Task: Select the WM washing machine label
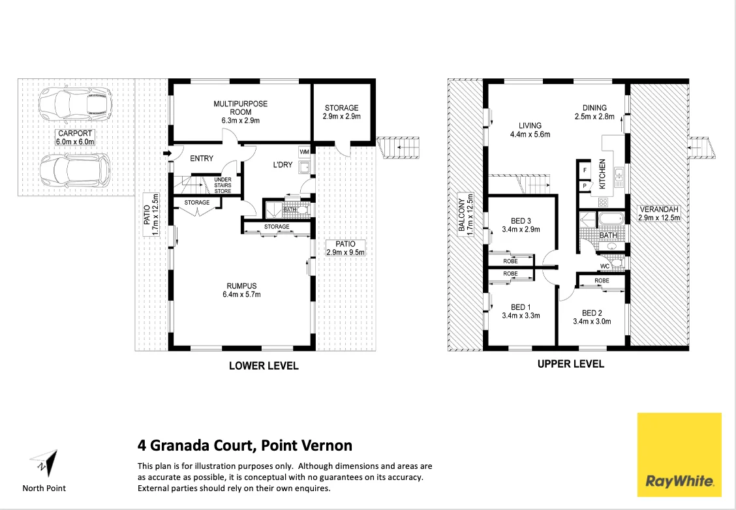[303, 151]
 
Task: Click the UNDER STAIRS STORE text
[222, 185]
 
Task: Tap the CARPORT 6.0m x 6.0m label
[76, 137]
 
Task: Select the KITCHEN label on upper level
[602, 174]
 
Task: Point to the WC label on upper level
[604, 265]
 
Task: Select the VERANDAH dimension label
[659, 213]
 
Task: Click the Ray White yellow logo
[679, 454]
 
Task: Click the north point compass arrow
[44, 464]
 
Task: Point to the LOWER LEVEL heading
[264, 366]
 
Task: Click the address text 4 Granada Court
[245, 445]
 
